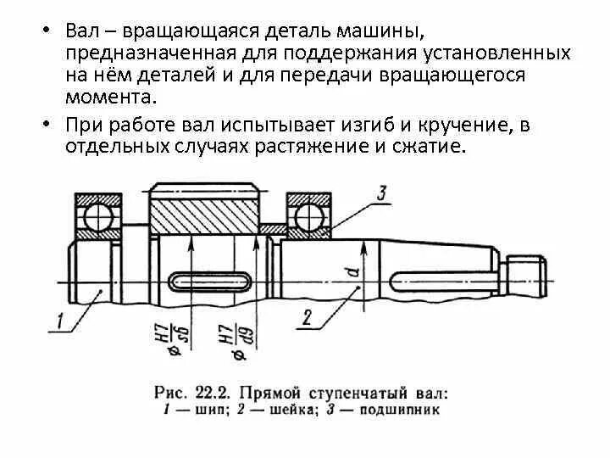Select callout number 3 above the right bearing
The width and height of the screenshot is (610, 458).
click(x=382, y=193)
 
